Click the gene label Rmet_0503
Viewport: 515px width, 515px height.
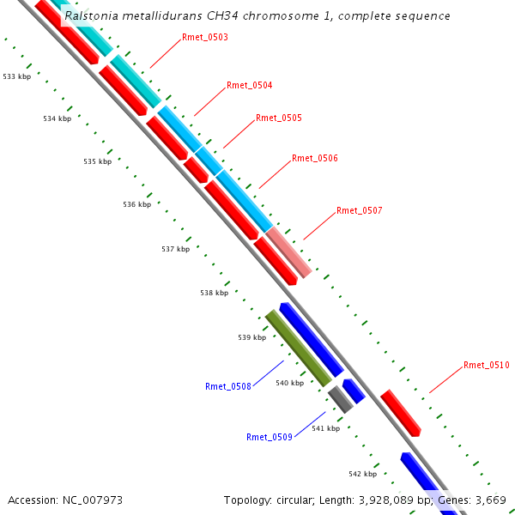[205, 38]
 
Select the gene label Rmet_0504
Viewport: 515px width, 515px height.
[250, 86]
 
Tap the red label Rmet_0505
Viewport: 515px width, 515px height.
[279, 118]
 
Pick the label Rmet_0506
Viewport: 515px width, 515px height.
[315, 158]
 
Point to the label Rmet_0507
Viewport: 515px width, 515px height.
[360, 210]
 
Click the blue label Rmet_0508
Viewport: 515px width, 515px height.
[228, 386]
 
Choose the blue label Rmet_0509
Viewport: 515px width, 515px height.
[270, 437]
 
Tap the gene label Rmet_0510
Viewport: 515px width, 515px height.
[487, 365]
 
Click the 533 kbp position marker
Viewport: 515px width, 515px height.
[16, 77]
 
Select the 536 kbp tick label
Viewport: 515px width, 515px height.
[136, 204]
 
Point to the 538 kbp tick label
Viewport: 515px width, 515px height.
[215, 293]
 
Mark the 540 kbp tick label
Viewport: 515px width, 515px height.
[289, 383]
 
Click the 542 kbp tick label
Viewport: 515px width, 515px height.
[362, 474]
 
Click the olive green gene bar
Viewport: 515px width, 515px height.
[298, 348]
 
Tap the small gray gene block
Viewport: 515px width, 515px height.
[340, 398]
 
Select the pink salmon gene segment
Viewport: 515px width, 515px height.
[288, 252]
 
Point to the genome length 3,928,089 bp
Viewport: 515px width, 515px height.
[382, 500]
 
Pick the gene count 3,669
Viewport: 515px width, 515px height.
[490, 500]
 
